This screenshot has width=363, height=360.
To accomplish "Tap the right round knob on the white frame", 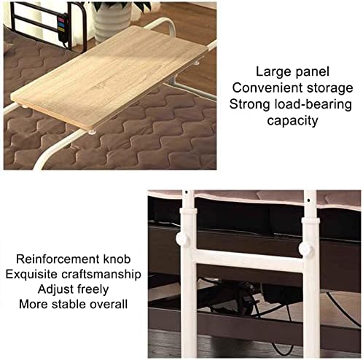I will [x=306, y=250].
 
